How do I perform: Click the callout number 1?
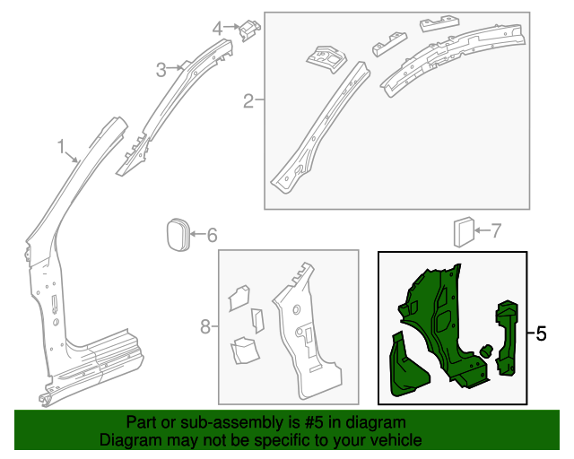click(61, 146)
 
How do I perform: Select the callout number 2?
click(248, 100)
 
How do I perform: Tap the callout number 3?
click(161, 69)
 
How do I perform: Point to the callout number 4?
click(217, 29)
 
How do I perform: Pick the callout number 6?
click(212, 236)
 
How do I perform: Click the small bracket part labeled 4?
click(248, 30)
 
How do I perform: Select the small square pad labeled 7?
click(464, 231)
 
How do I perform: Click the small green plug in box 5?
click(485, 351)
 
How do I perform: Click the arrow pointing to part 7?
click(482, 231)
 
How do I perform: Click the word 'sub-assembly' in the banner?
click(235, 422)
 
